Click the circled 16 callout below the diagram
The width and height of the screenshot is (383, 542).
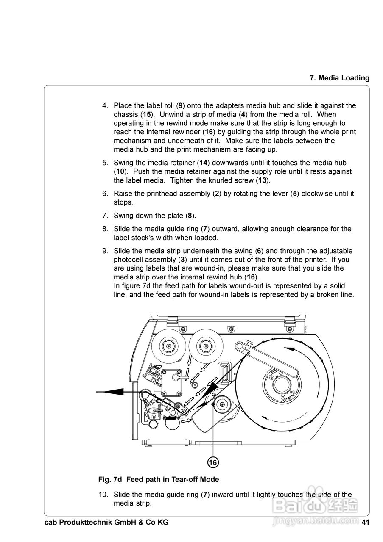pyautogui.click(x=213, y=462)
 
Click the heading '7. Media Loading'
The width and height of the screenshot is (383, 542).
pyautogui.click(x=339, y=78)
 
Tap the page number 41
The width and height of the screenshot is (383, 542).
pyautogui.click(x=366, y=522)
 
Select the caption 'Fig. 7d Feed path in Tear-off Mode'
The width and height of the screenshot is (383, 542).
pyautogui.click(x=159, y=479)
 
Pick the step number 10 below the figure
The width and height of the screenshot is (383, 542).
pyautogui.click(x=103, y=494)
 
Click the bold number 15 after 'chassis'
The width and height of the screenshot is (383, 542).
pyautogui.click(x=146, y=114)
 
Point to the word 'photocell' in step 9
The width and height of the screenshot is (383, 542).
pyautogui.click(x=129, y=260)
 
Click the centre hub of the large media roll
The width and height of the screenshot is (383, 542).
pyautogui.click(x=280, y=385)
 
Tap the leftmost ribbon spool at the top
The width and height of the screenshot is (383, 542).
pyautogui.click(x=169, y=346)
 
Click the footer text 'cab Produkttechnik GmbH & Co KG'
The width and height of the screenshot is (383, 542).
pyautogui.click(x=106, y=522)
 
